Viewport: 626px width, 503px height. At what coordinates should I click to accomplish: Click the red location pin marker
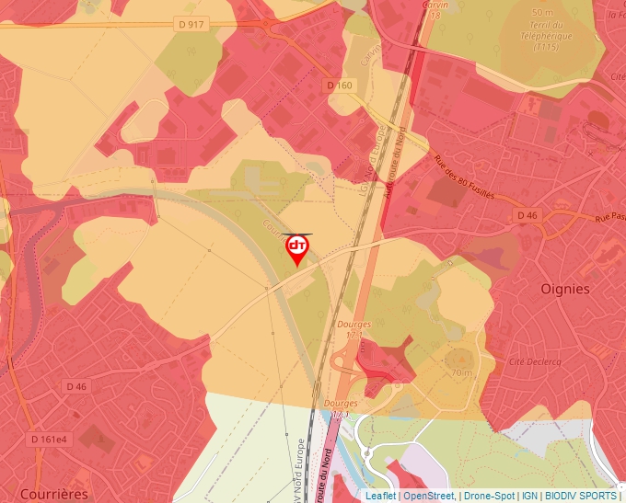click(x=297, y=248)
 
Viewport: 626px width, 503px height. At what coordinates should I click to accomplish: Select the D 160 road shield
click(x=340, y=86)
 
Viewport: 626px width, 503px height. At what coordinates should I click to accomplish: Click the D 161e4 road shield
click(x=49, y=439)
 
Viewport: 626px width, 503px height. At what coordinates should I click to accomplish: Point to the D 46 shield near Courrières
click(x=76, y=387)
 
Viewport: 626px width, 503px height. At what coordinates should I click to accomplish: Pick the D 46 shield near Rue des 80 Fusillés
click(x=527, y=215)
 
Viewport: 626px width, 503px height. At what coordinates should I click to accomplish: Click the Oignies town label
click(x=564, y=289)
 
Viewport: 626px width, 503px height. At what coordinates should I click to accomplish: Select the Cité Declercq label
click(x=534, y=362)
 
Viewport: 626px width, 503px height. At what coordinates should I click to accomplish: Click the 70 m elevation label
click(x=461, y=372)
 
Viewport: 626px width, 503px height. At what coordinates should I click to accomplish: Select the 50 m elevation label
click(x=542, y=12)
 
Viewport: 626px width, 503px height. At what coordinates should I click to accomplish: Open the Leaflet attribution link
click(x=380, y=496)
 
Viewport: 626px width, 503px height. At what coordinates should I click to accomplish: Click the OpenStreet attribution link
click(x=429, y=496)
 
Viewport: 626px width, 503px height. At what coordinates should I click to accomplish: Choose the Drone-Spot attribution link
click(x=489, y=496)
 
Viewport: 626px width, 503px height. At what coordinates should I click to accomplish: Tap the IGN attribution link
click(x=529, y=496)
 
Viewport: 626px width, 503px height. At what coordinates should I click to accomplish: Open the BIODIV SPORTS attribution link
click(x=580, y=496)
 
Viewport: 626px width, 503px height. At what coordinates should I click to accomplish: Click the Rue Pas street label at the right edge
click(x=609, y=218)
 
